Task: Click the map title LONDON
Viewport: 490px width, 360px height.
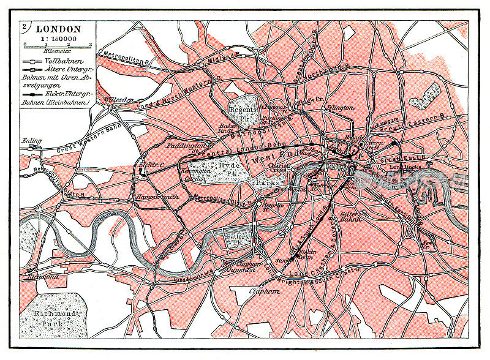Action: point(58,28)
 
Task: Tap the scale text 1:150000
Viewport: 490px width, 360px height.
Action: point(58,38)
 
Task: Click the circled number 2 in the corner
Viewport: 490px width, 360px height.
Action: point(25,26)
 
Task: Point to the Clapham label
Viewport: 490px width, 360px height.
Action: point(265,292)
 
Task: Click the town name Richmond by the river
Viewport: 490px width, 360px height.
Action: point(42,277)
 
